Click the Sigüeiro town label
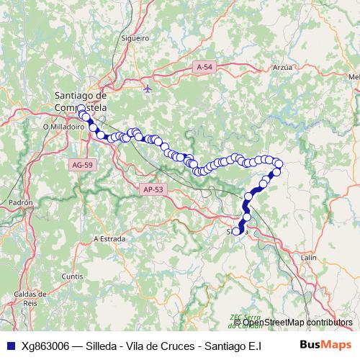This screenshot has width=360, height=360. coord(135,37)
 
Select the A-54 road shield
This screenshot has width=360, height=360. coord(204,66)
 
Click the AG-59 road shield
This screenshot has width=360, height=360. coord(82,165)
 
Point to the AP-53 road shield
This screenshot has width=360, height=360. coord(154,189)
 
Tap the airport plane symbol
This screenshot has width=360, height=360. coord(148,89)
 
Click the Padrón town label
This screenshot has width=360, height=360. coord(22,203)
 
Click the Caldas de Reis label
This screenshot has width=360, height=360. coord(30,299)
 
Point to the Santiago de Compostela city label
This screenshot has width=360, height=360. coord(81,101)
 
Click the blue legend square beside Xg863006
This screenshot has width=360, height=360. coord(9,345)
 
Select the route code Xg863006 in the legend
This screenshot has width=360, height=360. coord(45,345)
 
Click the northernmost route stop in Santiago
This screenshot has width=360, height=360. coord(81,109)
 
